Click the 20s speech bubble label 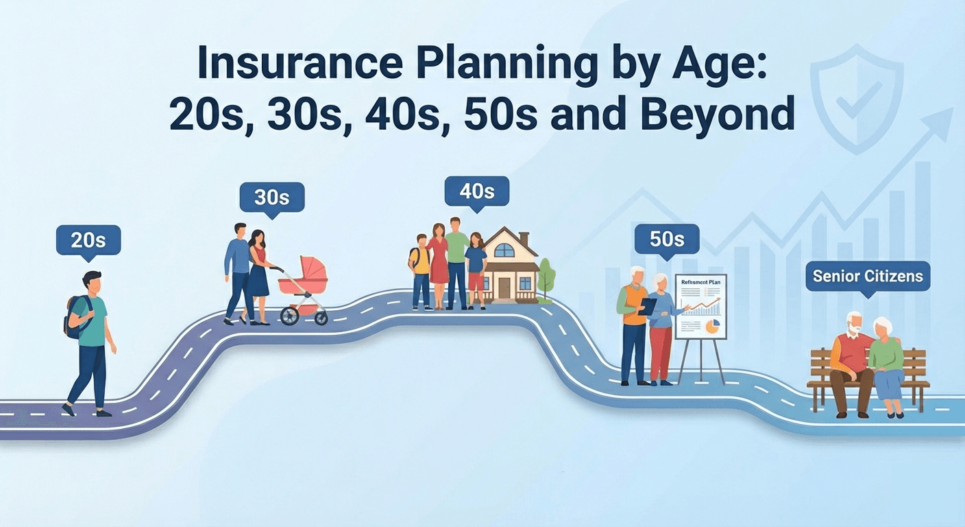[88, 240]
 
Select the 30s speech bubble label [271, 198]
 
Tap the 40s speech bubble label [476, 191]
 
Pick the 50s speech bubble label [667, 239]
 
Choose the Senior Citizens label [867, 277]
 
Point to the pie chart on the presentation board [713, 327]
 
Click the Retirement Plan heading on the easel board [700, 282]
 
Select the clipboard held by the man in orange [647, 306]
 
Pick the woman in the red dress [438, 261]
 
